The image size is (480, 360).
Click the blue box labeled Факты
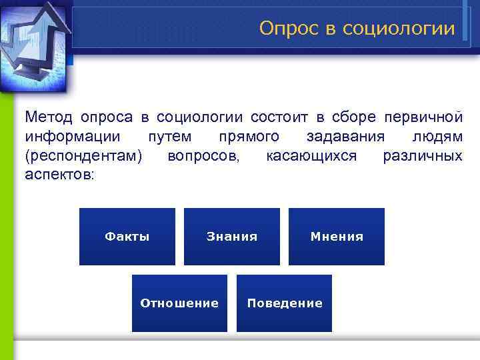click(x=127, y=237)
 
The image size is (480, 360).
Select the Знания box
click(x=231, y=237)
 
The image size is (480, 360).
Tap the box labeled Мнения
click(x=337, y=237)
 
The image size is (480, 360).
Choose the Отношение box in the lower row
click(x=179, y=303)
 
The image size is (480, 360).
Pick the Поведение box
click(x=285, y=303)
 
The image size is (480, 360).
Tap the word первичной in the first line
click(x=423, y=117)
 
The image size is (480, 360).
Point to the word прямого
click(x=249, y=137)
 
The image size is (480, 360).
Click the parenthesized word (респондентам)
click(x=83, y=156)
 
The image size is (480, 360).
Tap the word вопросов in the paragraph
click(x=206, y=156)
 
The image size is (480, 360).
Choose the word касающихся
click(x=311, y=156)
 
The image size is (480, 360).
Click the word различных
click(x=423, y=156)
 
